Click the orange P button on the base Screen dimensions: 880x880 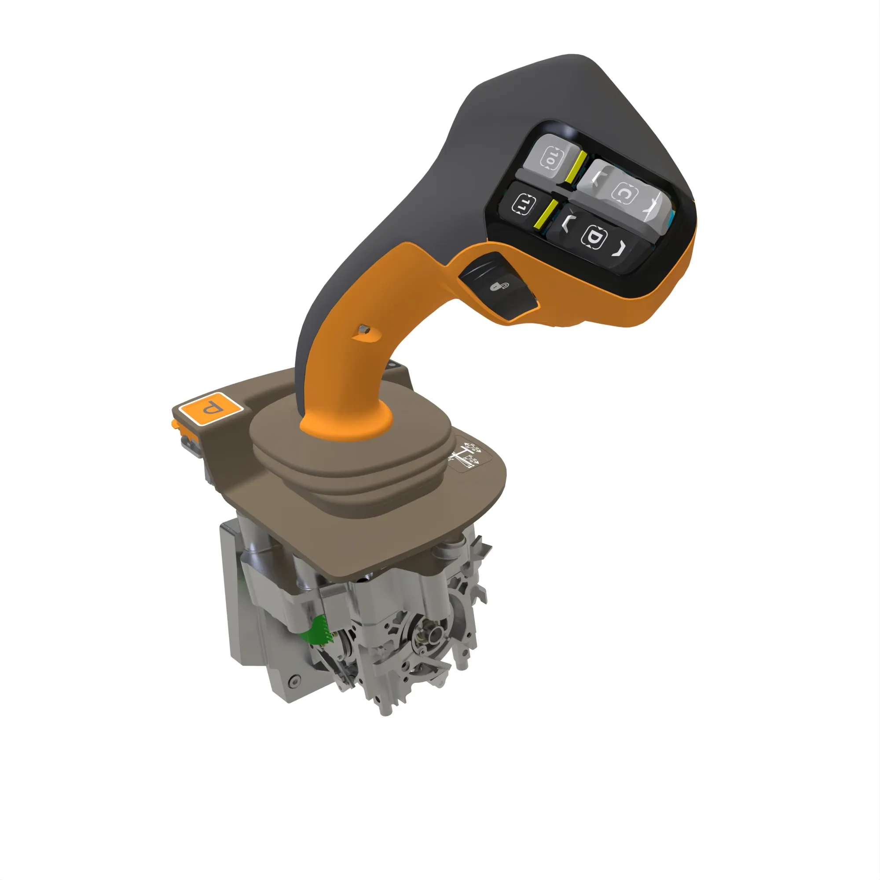[x=210, y=408]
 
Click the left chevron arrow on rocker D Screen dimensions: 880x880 [x=566, y=223]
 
